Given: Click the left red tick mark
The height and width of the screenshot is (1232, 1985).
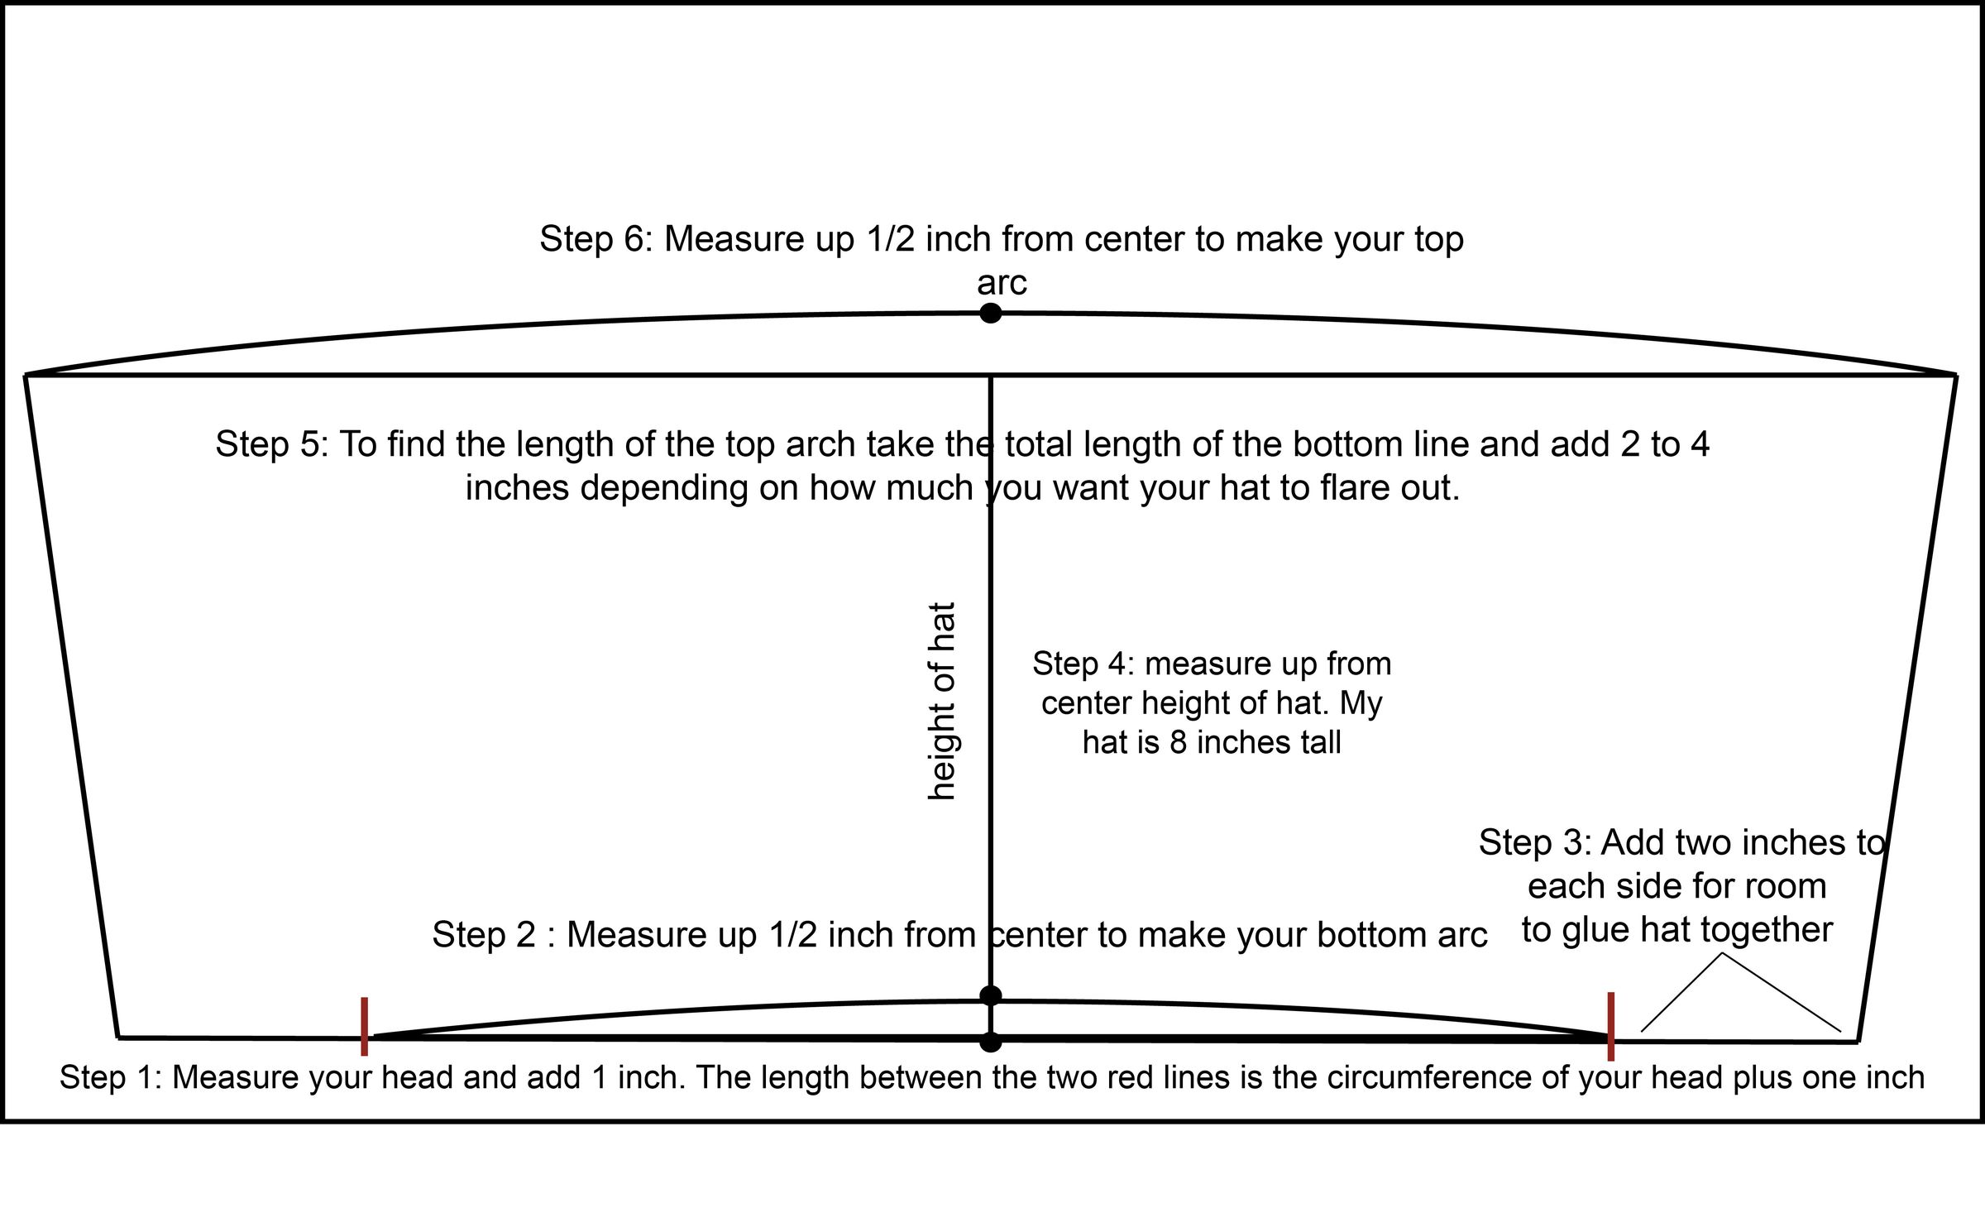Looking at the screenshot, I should [364, 1026].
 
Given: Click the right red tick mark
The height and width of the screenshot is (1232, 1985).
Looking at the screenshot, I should [1611, 1026].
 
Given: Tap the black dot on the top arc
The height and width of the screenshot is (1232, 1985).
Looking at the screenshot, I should [990, 314].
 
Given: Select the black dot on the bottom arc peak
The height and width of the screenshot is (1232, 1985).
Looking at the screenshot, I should [990, 995].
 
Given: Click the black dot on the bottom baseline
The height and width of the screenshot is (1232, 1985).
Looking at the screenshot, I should [990, 1043].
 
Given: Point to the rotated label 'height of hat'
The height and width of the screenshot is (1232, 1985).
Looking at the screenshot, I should [942, 701].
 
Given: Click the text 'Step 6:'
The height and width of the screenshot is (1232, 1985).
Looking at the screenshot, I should [595, 239].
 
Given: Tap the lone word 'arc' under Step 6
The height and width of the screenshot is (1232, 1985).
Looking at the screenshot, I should [1002, 283].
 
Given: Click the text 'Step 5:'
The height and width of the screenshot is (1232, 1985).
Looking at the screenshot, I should [271, 444].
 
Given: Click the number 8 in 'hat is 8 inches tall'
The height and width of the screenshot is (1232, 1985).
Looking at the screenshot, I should [1178, 742].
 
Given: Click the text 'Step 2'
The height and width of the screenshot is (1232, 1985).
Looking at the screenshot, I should [484, 935].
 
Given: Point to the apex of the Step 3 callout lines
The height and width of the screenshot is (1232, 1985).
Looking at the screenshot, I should [1722, 954].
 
